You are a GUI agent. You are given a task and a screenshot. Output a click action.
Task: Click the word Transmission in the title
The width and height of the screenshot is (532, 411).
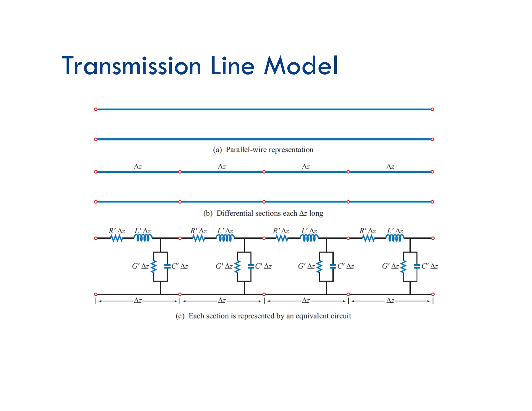[131, 66]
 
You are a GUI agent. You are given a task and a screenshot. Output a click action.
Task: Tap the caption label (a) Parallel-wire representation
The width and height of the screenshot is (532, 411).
[263, 150]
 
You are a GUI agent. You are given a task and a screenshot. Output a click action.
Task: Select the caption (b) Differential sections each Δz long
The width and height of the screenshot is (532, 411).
[263, 213]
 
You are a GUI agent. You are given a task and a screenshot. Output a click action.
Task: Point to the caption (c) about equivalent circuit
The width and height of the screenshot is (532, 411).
[263, 316]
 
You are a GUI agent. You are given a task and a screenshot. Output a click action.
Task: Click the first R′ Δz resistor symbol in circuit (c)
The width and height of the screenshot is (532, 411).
[117, 238]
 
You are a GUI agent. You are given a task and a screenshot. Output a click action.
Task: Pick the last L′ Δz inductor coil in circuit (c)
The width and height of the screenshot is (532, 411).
[395, 238]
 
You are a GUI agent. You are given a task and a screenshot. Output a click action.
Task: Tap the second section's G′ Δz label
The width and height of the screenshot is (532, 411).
[224, 266]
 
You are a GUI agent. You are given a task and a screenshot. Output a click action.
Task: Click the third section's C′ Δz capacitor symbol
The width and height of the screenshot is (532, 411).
[333, 266]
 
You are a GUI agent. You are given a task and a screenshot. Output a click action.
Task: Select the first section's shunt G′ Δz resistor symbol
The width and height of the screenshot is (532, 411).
[154, 267]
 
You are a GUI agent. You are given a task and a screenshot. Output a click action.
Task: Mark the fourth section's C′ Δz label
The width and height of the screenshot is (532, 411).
[430, 266]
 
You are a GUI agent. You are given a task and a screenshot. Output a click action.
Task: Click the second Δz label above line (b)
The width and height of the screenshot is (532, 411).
[222, 167]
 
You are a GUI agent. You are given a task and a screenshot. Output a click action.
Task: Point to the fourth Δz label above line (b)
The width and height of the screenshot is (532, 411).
[390, 167]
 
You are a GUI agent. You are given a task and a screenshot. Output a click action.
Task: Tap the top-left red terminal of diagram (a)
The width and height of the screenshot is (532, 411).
[96, 109]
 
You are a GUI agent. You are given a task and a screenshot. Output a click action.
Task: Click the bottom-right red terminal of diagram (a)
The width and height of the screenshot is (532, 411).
[432, 140]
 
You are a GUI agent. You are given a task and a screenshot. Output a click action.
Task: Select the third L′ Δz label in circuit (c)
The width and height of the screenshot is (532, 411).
[309, 231]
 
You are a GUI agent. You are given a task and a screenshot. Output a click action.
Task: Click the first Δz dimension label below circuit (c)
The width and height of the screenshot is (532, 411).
[138, 301]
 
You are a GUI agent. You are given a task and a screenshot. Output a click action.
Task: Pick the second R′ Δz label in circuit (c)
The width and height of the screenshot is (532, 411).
[198, 231]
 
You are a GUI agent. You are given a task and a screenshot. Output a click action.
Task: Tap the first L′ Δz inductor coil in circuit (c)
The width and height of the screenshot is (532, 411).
[143, 238]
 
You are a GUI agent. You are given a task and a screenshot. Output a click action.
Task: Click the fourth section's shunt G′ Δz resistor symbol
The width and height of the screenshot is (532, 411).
[403, 267]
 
